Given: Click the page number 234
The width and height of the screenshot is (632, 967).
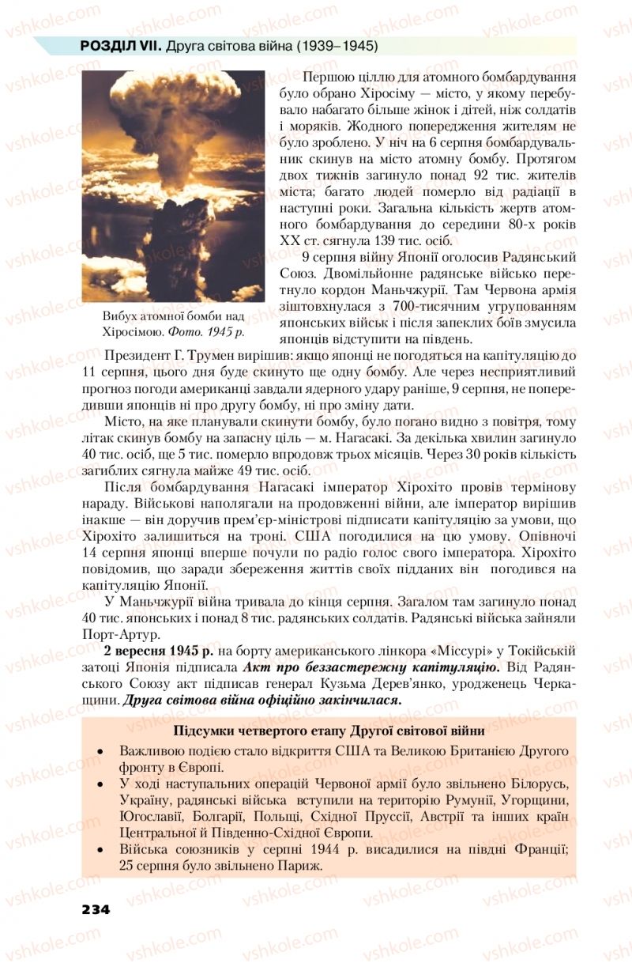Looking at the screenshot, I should tap(95, 908).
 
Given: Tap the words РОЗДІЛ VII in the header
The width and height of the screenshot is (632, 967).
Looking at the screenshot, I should tap(121, 47).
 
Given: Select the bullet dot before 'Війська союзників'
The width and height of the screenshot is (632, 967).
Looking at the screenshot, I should tap(100, 850).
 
